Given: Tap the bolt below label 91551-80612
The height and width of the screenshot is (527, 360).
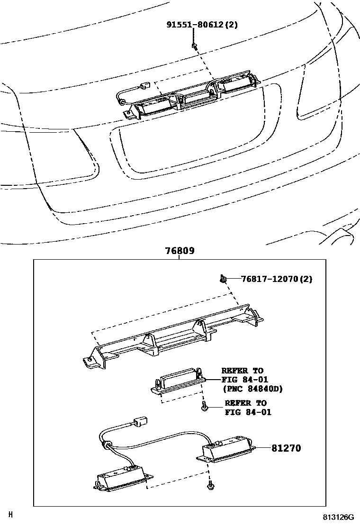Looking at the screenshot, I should pyautogui.click(x=195, y=46).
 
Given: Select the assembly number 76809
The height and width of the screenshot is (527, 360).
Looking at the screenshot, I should pyautogui.click(x=180, y=251).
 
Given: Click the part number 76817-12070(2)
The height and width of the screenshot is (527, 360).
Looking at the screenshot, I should pyautogui.click(x=277, y=279).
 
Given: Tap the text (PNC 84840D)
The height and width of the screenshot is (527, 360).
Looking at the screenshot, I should pyautogui.click(x=252, y=389).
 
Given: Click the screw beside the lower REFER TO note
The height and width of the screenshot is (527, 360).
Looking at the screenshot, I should pyautogui.click(x=204, y=407).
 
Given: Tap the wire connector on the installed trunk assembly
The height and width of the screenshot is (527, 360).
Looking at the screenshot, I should pyautogui.click(x=146, y=86).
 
